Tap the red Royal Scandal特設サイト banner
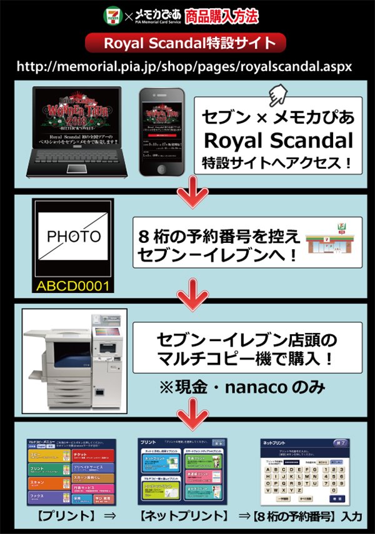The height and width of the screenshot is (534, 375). (x=187, y=44)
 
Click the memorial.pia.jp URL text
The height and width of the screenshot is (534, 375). (x=185, y=65)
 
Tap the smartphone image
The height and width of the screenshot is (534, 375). (x=162, y=132)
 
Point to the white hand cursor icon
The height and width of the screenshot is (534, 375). (x=276, y=96)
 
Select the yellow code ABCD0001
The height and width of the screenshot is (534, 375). (x=73, y=287)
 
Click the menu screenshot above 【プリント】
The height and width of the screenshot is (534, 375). (x=71, y=472)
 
